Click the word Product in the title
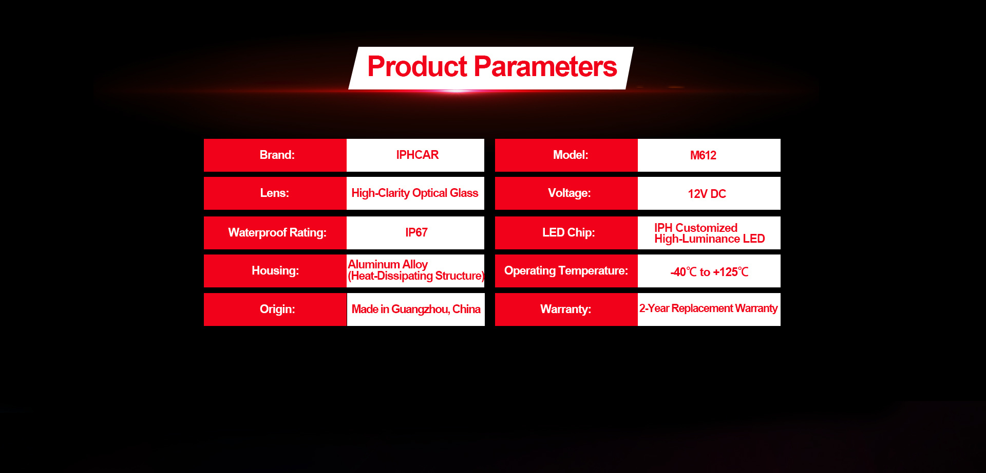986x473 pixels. click(x=417, y=67)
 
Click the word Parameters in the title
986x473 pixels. click(x=545, y=67)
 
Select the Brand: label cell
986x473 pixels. click(x=275, y=155)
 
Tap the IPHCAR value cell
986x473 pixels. click(x=415, y=155)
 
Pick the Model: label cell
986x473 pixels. click(x=566, y=155)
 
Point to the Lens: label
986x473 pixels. click(x=275, y=193)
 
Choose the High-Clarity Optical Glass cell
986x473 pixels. click(x=415, y=193)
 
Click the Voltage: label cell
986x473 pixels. click(x=566, y=193)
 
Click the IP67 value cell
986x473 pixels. click(x=415, y=233)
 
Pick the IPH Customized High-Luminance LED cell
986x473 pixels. click(x=709, y=233)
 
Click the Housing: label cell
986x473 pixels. click(x=275, y=271)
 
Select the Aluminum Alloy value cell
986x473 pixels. click(x=415, y=271)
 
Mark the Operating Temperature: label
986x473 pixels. click(x=566, y=271)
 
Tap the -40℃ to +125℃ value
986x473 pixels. click(x=709, y=271)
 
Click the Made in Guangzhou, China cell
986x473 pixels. click(x=416, y=310)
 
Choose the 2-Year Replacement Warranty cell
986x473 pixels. click(x=709, y=310)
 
